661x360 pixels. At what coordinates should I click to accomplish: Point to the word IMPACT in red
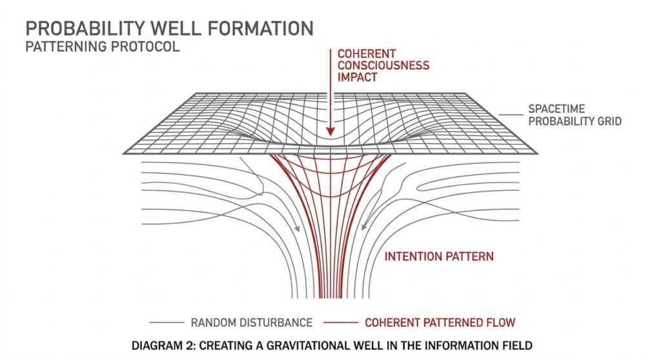(356, 77)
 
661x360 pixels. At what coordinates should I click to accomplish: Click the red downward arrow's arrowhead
(330, 131)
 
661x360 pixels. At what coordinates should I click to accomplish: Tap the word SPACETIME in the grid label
(556, 108)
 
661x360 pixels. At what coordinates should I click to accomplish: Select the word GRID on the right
(607, 121)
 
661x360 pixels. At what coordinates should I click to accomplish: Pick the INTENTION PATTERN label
(439, 256)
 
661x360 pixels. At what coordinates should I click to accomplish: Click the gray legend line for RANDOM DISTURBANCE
(166, 322)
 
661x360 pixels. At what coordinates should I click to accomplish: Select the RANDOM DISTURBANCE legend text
(252, 322)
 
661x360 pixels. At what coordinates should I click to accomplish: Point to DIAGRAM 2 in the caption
(161, 346)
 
